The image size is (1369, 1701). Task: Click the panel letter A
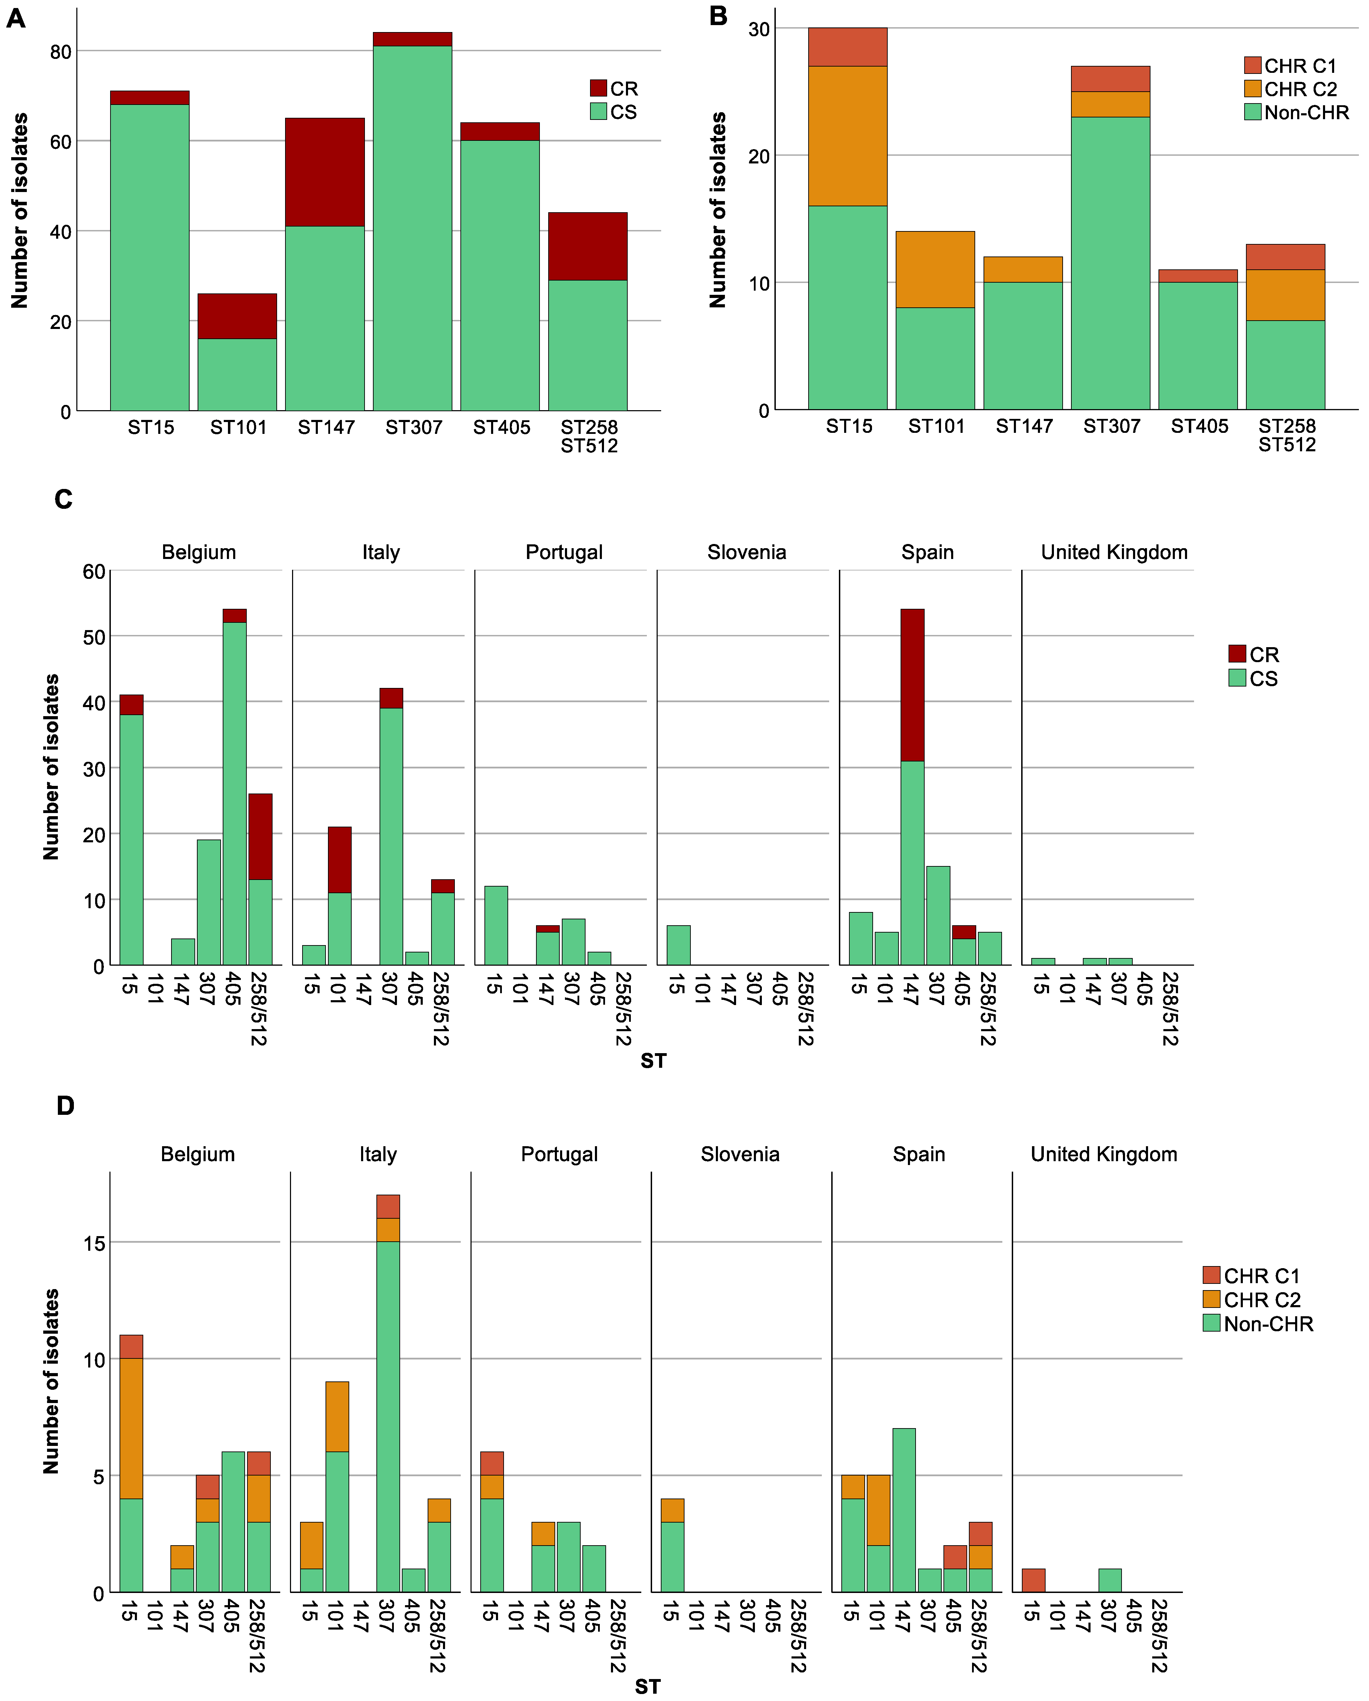[16, 18]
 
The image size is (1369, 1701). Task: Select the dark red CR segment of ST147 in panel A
[324, 172]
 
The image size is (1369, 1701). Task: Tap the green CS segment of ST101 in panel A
[237, 375]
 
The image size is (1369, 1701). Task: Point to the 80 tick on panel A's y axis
[61, 52]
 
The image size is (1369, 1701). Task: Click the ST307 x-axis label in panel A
[413, 428]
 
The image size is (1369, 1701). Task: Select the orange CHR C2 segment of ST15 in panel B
[848, 136]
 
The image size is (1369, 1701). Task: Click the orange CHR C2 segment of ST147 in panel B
[1023, 269]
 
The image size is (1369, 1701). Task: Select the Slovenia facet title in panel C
[747, 552]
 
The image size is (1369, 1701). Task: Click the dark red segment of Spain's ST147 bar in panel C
[912, 685]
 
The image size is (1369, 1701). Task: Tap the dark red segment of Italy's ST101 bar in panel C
[339, 860]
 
